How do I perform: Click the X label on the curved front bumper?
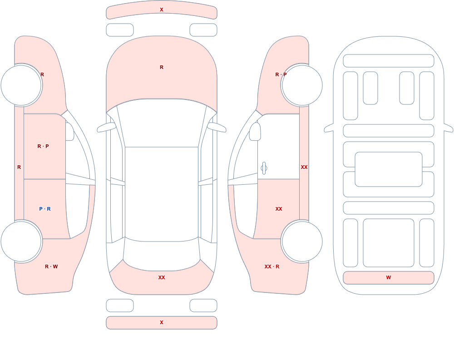pos(162,10)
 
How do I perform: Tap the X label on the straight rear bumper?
pos(162,322)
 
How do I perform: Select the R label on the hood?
pos(162,67)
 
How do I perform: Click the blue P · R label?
pos(45,209)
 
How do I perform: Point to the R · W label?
pos(52,266)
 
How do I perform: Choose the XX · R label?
pos(272,266)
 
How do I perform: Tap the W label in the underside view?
pos(389,277)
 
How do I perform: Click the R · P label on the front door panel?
pos(43,146)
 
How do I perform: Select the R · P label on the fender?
pos(281,74)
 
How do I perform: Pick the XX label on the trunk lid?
pos(162,277)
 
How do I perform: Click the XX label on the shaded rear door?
pos(279,209)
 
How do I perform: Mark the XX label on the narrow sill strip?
pos(304,167)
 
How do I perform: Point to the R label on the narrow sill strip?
pos(19,167)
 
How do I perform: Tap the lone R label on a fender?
pos(42,74)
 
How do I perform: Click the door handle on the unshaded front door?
pos(264,168)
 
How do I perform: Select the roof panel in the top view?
pos(162,194)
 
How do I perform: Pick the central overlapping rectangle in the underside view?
pos(389,169)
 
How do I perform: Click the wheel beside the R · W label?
pos(21,241)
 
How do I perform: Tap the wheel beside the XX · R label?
pos(302,241)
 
